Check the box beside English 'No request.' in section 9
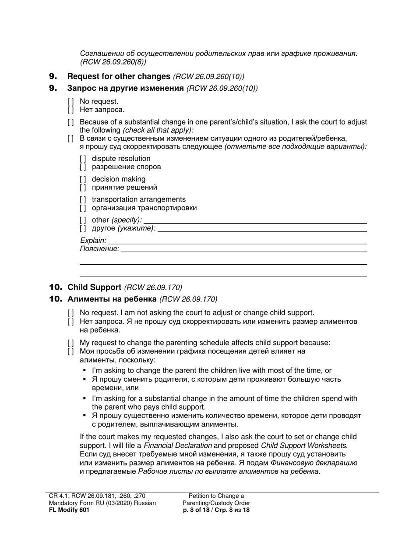(71, 102)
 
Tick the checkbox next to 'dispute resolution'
(83, 159)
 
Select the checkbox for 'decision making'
(83, 179)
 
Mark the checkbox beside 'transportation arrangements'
(83, 200)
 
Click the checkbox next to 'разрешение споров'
(83, 167)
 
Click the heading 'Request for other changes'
(119, 76)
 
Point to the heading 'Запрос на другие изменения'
(125, 88)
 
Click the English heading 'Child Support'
(94, 287)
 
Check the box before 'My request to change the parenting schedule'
(71, 343)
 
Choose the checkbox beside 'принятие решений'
(83, 188)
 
